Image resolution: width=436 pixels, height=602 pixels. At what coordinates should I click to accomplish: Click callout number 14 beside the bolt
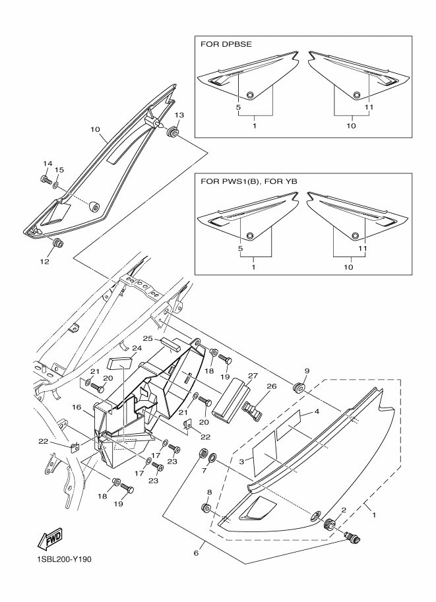pos(47,164)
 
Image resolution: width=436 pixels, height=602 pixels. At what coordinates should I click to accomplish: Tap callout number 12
pos(45,261)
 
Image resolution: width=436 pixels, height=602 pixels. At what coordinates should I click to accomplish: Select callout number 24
pos(137,348)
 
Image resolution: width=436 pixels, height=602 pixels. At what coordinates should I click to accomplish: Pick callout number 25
pos(149,338)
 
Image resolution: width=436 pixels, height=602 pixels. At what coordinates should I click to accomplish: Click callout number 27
pos(234,375)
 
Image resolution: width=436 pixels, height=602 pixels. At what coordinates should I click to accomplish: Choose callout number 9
pos(306,371)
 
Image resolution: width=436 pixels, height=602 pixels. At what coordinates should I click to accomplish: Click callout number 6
pos(195,553)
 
